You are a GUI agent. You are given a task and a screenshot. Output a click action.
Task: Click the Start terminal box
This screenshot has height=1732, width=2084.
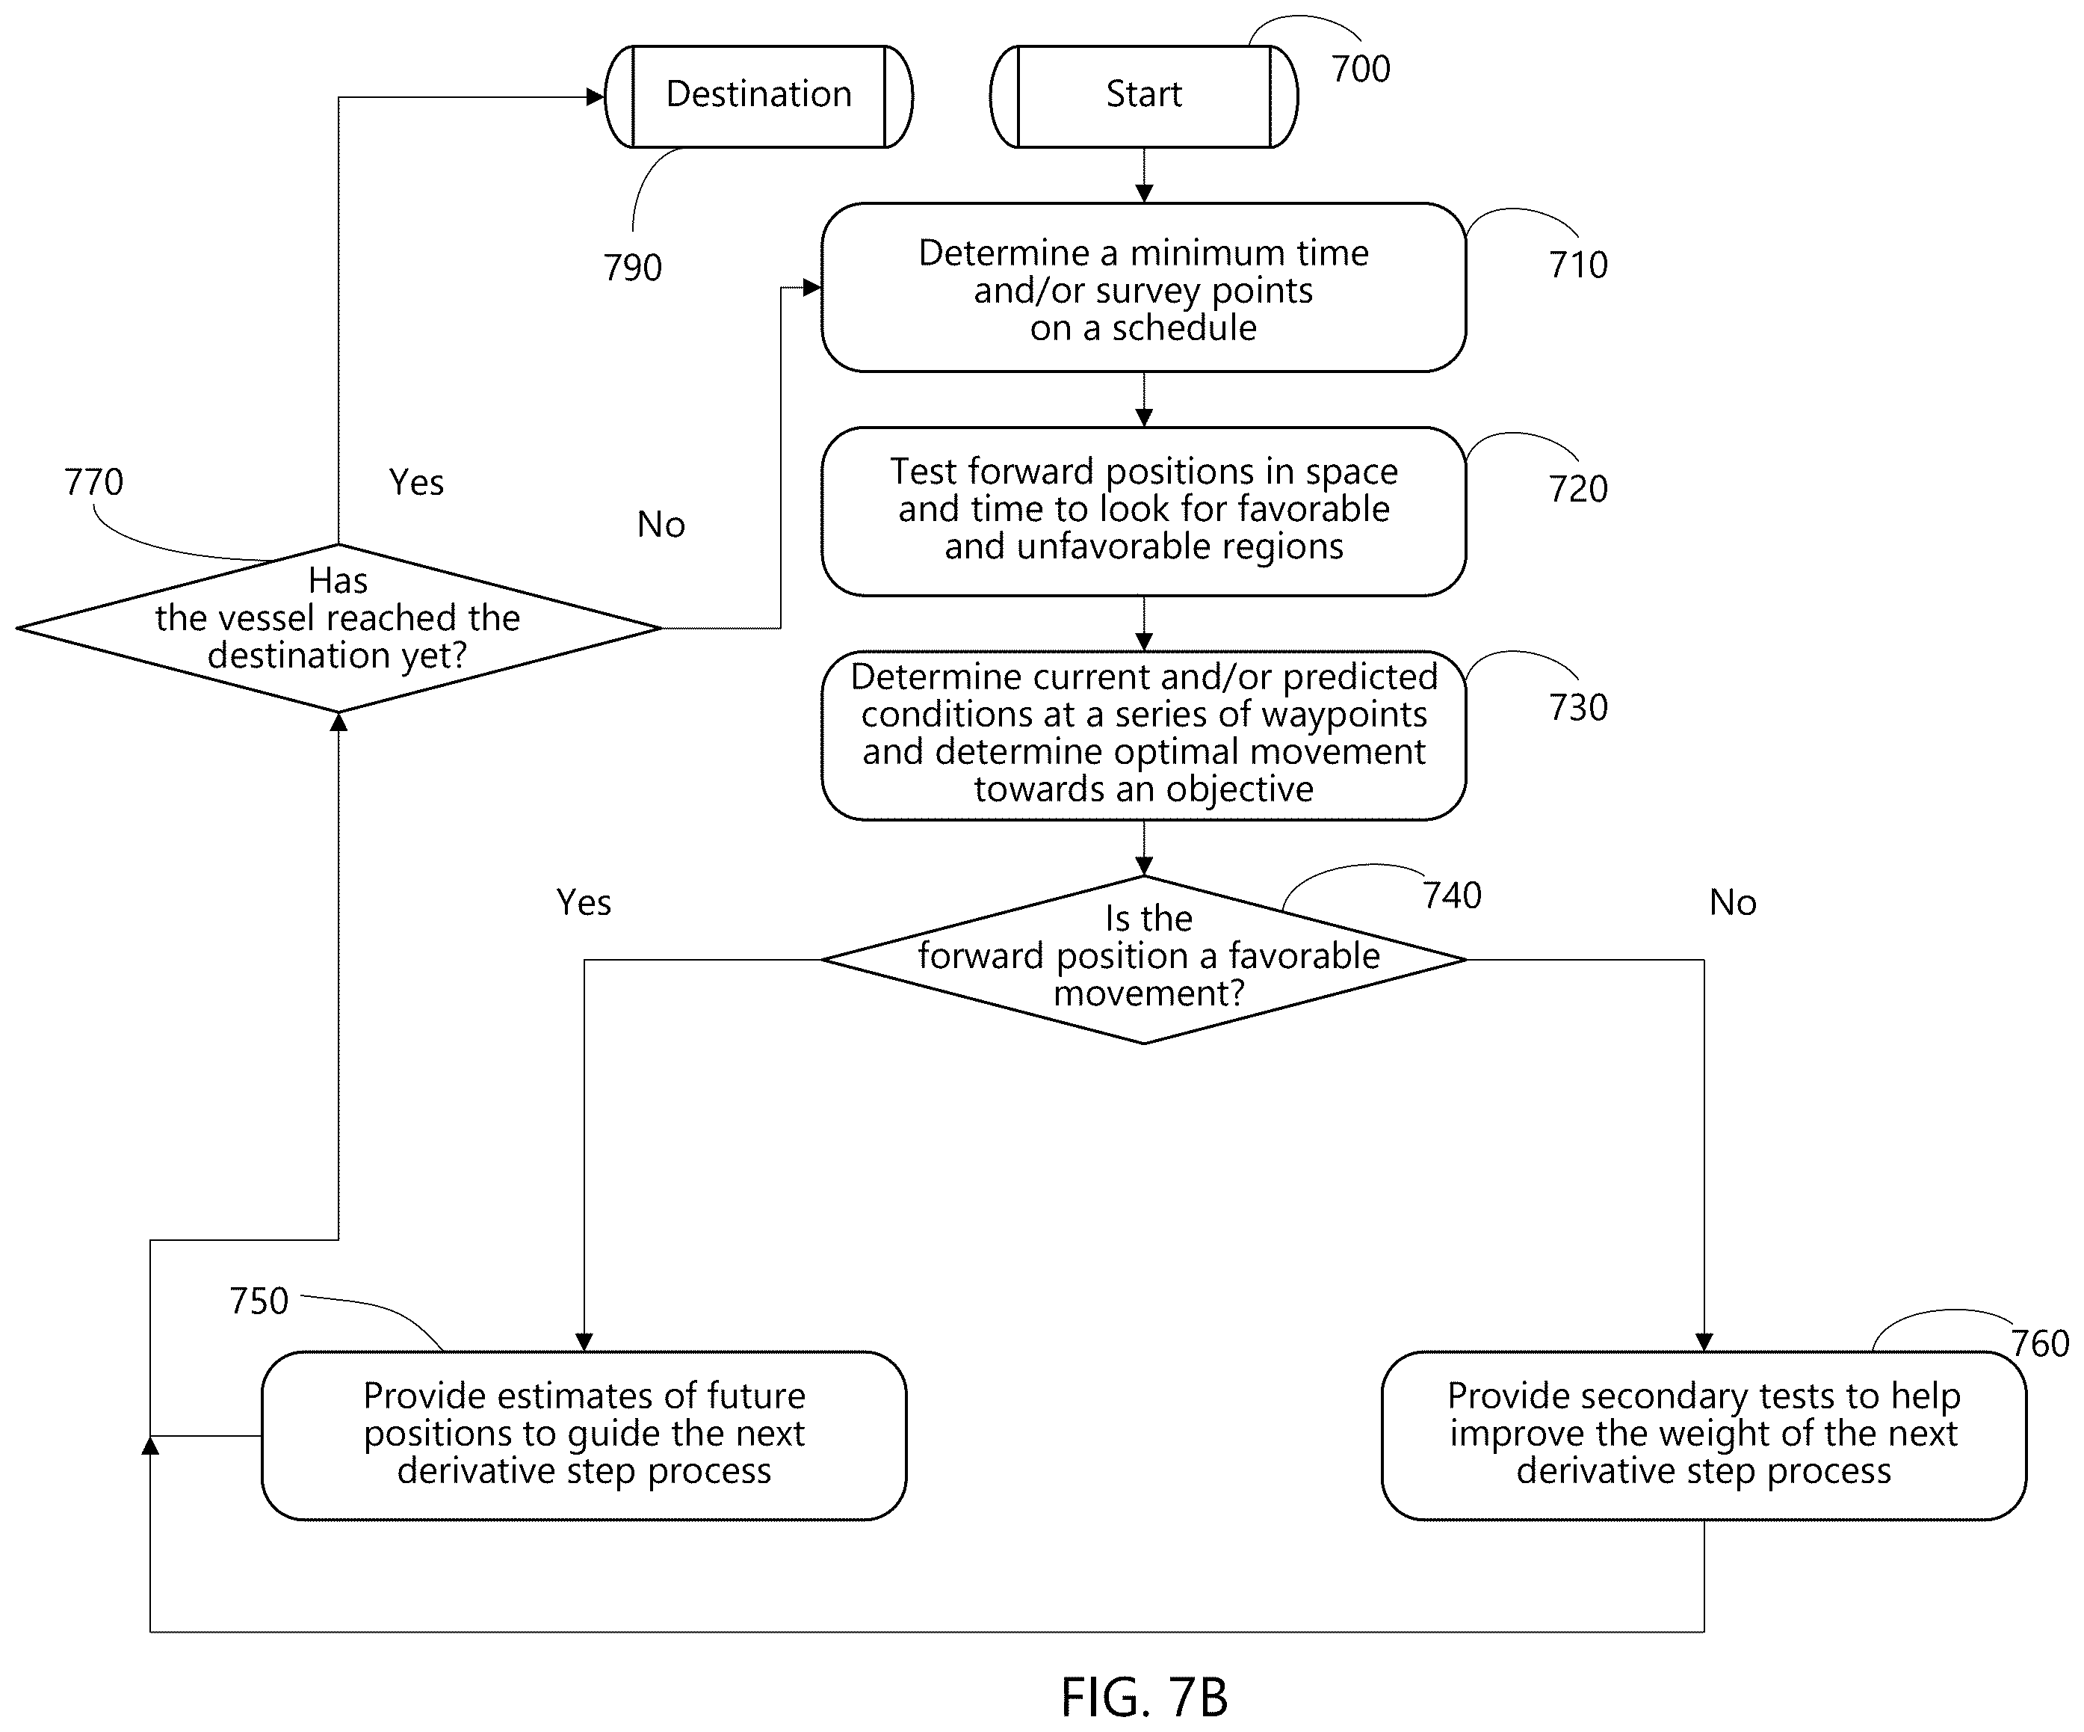click(1143, 96)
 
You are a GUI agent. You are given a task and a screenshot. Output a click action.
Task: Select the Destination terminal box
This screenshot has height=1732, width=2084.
click(758, 96)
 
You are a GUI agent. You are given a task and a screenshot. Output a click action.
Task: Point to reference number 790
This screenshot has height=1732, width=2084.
click(632, 267)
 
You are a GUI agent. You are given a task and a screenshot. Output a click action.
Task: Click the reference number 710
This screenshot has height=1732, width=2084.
click(1578, 265)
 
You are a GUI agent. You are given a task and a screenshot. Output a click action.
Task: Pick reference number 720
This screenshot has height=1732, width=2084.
click(1578, 488)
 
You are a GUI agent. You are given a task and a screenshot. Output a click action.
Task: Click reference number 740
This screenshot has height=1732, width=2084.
click(1452, 896)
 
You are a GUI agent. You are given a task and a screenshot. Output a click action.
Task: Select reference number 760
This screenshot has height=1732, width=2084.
click(2041, 1344)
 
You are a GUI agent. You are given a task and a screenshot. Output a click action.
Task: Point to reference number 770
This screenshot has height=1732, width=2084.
click(94, 482)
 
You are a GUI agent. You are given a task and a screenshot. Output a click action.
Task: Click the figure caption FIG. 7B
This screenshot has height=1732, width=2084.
click(1144, 1698)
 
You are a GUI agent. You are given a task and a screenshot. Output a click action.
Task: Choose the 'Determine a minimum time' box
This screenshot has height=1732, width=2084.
click(1143, 288)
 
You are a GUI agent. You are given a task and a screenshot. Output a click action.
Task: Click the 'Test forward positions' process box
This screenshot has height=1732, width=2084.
click(1143, 511)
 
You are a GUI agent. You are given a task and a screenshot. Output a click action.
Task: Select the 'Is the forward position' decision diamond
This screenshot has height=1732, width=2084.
click(1143, 960)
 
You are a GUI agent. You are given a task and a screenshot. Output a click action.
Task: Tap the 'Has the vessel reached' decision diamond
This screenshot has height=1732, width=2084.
click(338, 627)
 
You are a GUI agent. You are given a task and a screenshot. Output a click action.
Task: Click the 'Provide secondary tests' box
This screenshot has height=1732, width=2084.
click(1704, 1435)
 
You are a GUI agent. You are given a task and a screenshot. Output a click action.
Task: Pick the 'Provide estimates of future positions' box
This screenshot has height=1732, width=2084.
click(584, 1435)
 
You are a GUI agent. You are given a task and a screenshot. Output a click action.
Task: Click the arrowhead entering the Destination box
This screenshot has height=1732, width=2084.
click(596, 97)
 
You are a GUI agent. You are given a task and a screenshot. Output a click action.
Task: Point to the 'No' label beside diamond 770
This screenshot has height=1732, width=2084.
click(661, 524)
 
